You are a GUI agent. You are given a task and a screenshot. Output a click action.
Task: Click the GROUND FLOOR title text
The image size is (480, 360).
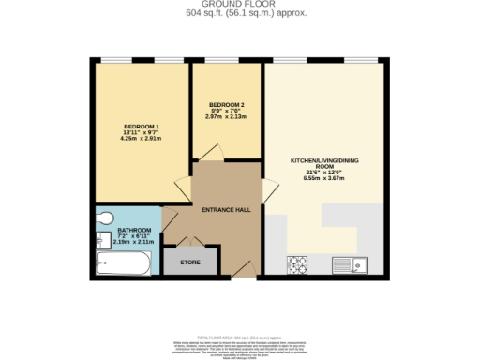coord(240,5)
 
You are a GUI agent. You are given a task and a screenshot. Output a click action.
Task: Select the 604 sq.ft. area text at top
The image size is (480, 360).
coord(240,13)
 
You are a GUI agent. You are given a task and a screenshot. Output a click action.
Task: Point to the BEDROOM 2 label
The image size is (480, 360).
coord(227,104)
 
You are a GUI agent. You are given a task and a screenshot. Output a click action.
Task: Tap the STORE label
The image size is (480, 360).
coord(189,262)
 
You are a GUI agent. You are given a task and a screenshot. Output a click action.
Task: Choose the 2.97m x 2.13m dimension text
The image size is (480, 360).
coord(227,117)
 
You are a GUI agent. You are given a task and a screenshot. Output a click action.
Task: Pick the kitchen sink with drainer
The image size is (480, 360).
coord(358,263)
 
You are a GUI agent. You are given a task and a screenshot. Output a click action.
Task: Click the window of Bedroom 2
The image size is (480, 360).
coord(227,62)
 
